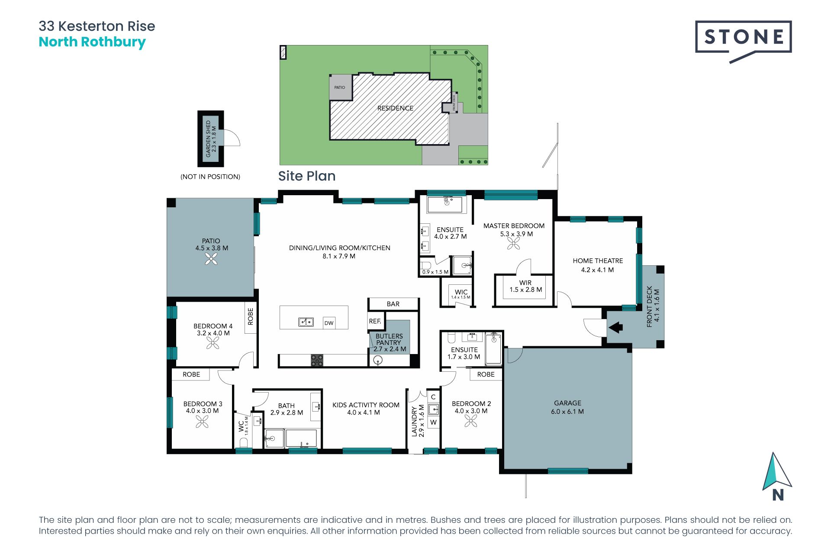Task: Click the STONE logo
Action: (x=743, y=38)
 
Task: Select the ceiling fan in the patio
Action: (x=211, y=259)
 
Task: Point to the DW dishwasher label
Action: (x=329, y=323)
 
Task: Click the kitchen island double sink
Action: (x=306, y=322)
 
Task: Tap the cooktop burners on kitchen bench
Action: (x=317, y=360)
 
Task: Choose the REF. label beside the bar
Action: (x=375, y=321)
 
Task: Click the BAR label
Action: (x=393, y=304)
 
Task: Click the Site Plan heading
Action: (x=306, y=176)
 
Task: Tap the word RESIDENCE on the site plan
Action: (x=395, y=108)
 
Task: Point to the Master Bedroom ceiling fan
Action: (x=514, y=244)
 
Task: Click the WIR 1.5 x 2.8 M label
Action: (x=525, y=286)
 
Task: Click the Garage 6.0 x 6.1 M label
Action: (x=567, y=407)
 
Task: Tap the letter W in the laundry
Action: (x=433, y=422)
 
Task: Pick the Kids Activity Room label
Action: (x=366, y=409)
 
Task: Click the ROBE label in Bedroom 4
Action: (x=251, y=316)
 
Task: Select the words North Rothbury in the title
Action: (x=92, y=42)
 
